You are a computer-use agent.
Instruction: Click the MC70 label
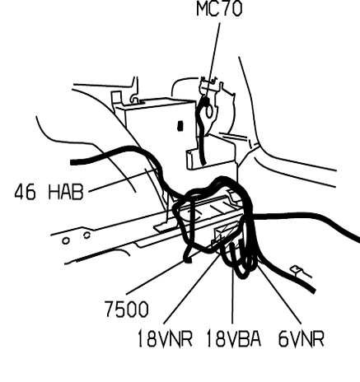[219, 8]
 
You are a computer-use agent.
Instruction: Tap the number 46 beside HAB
[25, 192]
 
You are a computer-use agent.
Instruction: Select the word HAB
[66, 192]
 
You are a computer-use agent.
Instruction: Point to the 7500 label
[127, 309]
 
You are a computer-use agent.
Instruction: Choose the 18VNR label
[165, 338]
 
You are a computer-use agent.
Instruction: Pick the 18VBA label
[233, 338]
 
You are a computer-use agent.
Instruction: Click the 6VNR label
[302, 338]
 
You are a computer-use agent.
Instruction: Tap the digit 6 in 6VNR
[283, 338]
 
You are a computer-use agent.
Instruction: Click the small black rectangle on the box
[180, 126]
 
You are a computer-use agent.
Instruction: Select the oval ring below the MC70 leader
[209, 112]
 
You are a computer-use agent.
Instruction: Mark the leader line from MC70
[213, 60]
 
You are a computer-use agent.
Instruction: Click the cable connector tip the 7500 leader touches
[188, 259]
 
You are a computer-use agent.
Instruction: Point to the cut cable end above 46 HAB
[72, 162]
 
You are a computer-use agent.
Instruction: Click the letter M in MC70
[203, 8]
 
